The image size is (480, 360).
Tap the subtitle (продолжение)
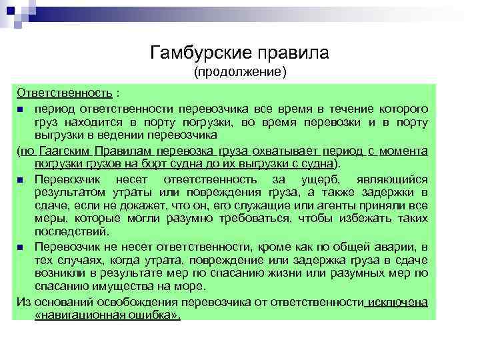point(239,71)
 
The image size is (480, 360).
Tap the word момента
point(403,151)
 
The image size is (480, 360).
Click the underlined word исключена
point(399,301)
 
